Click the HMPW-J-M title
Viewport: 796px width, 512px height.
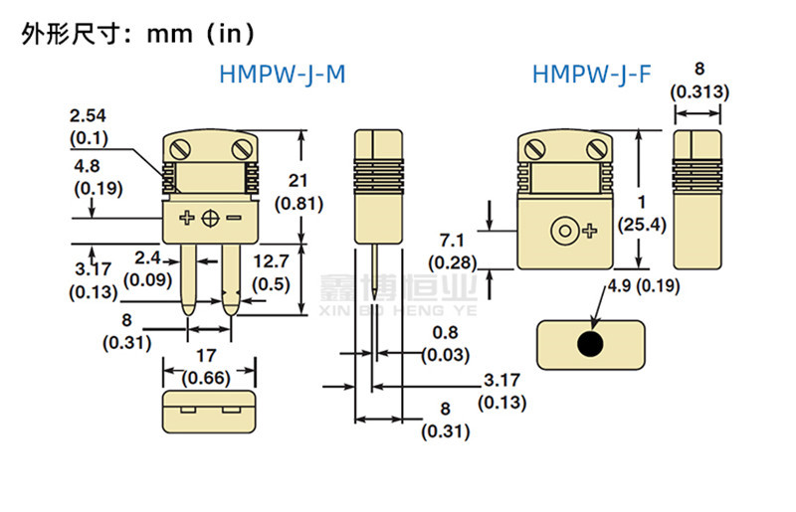[x=282, y=74]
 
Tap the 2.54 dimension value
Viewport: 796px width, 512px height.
[x=89, y=115]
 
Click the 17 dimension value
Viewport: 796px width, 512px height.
[x=208, y=353]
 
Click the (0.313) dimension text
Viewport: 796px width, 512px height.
[x=699, y=91]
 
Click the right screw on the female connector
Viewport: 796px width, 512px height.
[x=595, y=150]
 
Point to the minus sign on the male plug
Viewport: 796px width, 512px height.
[x=234, y=218]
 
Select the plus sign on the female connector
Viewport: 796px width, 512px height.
[x=590, y=232]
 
